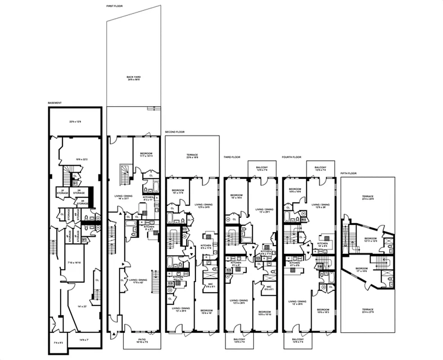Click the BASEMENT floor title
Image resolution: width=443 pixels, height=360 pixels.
tap(54, 103)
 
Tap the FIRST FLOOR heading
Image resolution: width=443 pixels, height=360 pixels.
tap(114, 6)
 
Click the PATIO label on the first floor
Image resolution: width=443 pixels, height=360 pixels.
tap(142, 341)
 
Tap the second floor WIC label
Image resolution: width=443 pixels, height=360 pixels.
tap(210, 285)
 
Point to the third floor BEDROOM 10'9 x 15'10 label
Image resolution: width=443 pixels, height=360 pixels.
tap(264, 313)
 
